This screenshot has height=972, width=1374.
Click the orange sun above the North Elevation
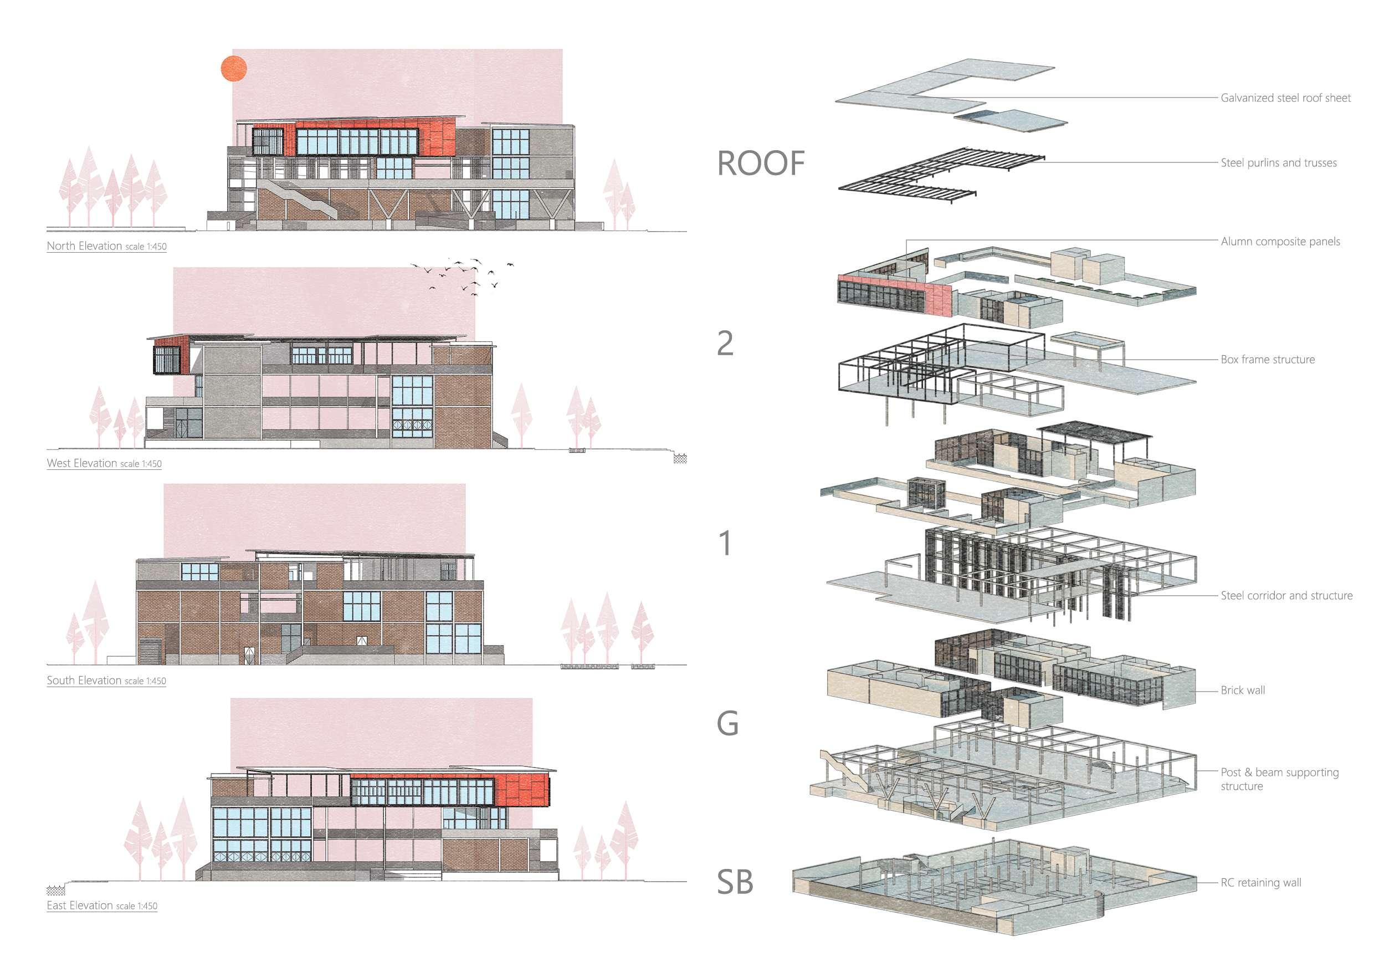pos(234,69)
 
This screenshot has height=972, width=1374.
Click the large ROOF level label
pos(761,163)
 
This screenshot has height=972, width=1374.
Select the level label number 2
pos(725,343)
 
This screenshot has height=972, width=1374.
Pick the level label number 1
pos(725,543)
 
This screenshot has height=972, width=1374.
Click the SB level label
pos(735,882)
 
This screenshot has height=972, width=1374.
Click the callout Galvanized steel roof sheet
pos(1285,98)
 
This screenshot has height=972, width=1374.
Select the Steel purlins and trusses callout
pos(1278,163)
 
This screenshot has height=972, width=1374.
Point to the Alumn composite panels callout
pos(1280,242)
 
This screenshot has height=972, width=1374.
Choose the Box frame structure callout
pos(1268,360)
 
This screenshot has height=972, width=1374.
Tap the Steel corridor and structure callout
pos(1286,596)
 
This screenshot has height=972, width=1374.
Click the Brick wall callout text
pos(1242,690)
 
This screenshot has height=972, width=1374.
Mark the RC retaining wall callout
pos(1260,883)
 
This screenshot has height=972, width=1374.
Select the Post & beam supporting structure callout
pos(1279,779)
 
